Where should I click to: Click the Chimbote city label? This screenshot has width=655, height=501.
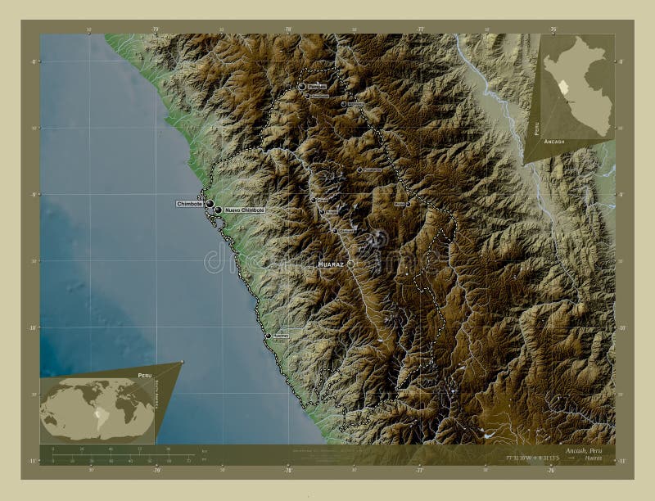190,204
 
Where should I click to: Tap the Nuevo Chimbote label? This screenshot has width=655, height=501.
244,210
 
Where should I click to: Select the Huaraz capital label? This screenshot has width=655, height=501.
331,264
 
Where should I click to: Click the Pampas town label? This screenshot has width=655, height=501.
317,86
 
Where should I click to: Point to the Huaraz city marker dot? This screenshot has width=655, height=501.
350,264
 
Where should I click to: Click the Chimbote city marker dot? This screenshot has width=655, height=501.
210,204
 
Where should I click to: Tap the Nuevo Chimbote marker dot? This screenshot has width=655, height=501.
218,210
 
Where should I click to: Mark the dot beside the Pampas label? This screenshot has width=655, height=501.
302,86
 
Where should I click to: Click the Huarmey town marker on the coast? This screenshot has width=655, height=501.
268,335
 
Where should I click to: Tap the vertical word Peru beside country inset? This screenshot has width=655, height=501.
536,127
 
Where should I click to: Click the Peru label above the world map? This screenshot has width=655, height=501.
144,375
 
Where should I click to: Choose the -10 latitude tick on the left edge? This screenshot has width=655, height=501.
34,327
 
